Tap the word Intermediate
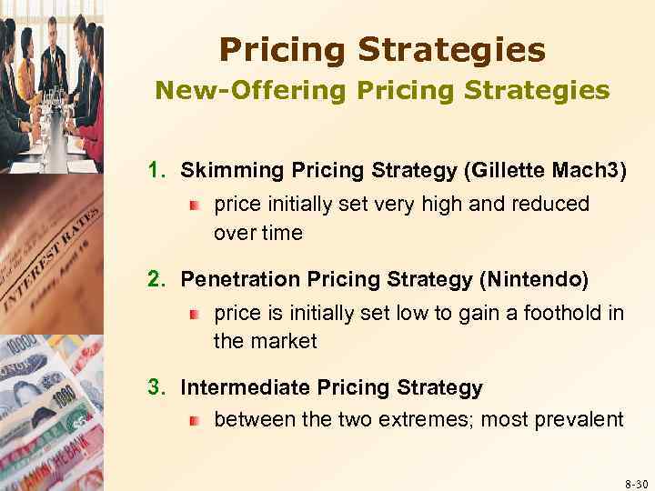tap(245, 388)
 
